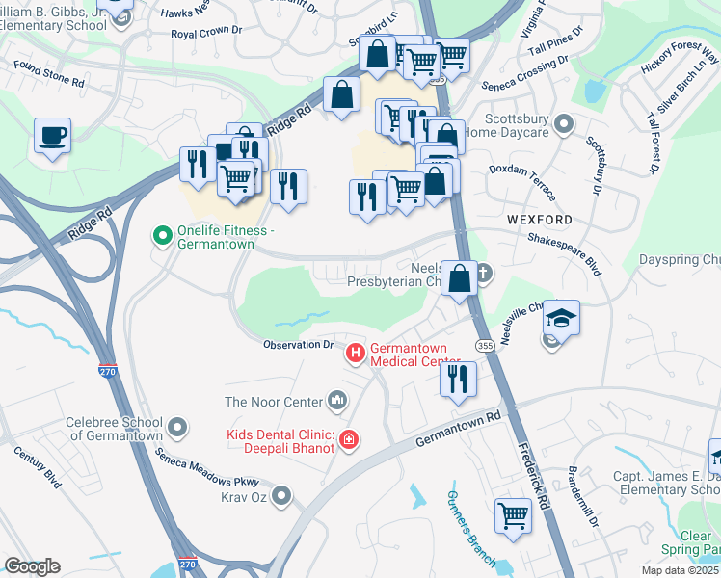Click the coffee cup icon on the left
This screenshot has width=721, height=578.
coord(53,136)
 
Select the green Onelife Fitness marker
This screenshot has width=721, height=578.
coord(163,233)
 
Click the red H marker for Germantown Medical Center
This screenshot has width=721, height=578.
coord(355,355)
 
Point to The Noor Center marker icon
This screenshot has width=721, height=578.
coord(337,399)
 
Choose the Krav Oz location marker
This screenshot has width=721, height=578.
coord(280,495)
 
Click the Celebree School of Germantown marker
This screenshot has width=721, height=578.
coord(176,426)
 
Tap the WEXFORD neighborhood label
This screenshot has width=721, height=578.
coord(539,220)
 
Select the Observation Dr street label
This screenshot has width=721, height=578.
coord(299,344)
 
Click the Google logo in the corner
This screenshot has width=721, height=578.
coord(33,566)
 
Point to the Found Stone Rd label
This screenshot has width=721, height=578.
coord(48,73)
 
